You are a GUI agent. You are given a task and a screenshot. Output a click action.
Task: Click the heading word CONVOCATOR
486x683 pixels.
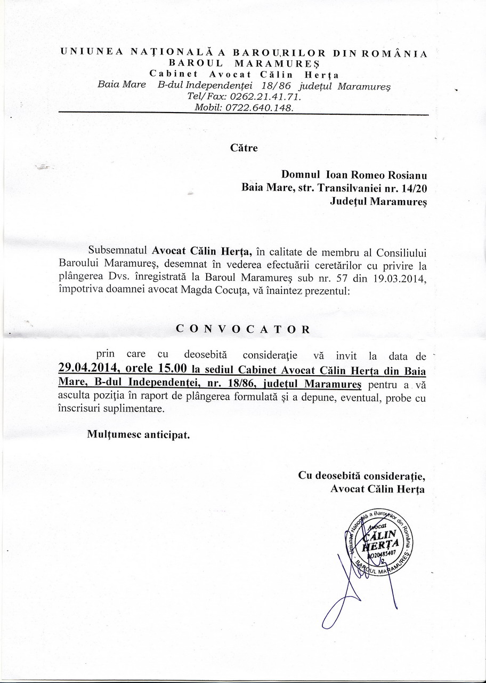(x=243, y=329)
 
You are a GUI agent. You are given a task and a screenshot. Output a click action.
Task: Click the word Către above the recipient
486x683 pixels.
(x=244, y=148)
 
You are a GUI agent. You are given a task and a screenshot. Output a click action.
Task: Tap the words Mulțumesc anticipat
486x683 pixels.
(x=139, y=434)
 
